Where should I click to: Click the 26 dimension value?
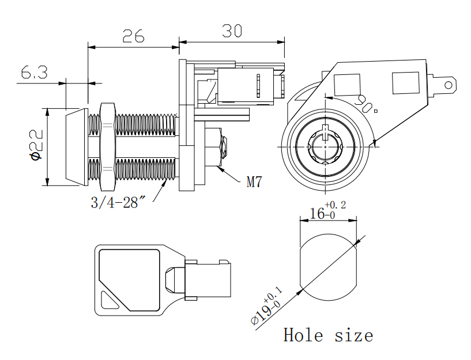[133, 36]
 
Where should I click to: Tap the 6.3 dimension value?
[34, 73]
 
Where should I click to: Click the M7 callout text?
[254, 183]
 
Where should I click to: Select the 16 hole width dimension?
[318, 214]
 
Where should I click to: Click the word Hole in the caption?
[303, 335]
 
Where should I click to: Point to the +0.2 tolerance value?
[336, 205]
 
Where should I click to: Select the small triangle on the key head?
[108, 300]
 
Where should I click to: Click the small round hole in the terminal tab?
[447, 85]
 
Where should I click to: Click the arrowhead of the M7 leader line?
[220, 169]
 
